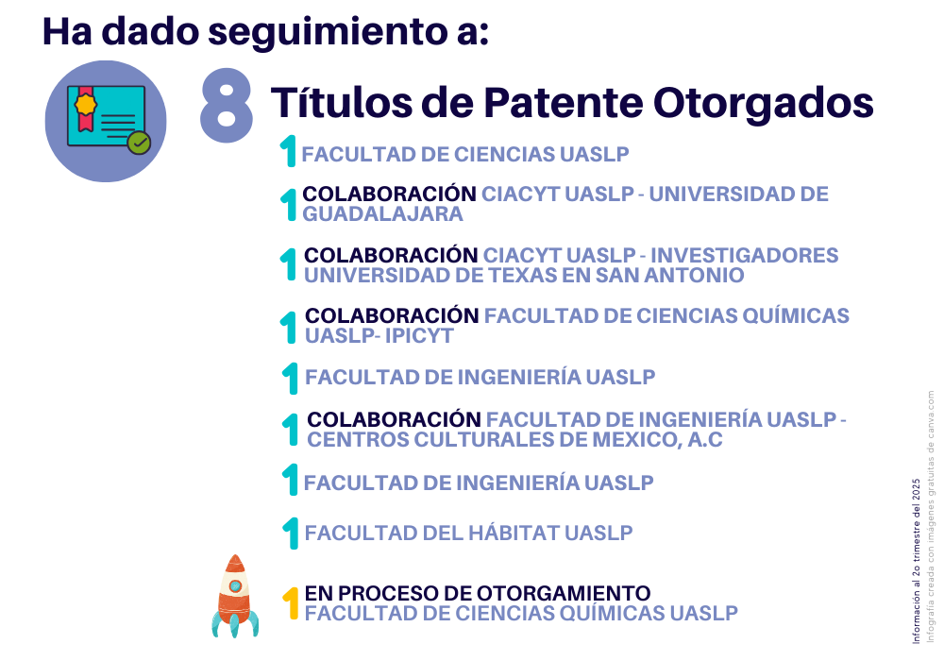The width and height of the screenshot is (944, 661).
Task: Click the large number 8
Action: (x=227, y=106)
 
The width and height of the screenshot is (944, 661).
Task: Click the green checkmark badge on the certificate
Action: (x=139, y=143)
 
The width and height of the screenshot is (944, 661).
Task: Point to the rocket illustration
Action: (x=235, y=596)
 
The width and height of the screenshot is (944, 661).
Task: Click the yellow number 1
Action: (x=291, y=603)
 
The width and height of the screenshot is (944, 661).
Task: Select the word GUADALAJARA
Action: (x=383, y=214)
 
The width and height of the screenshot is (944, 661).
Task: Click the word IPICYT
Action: (x=419, y=336)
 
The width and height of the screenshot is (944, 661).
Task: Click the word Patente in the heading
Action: (x=564, y=103)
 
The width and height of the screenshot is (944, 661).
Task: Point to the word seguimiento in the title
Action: (x=329, y=32)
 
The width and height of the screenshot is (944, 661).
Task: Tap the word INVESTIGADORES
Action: (x=745, y=256)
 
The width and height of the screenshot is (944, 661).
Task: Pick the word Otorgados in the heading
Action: (x=764, y=103)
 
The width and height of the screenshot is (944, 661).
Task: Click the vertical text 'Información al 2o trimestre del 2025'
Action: (x=917, y=561)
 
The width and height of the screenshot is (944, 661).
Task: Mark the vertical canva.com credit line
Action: (x=931, y=517)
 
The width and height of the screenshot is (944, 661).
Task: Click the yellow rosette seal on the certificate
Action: (x=86, y=104)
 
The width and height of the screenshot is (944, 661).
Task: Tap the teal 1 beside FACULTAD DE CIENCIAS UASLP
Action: (x=289, y=151)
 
